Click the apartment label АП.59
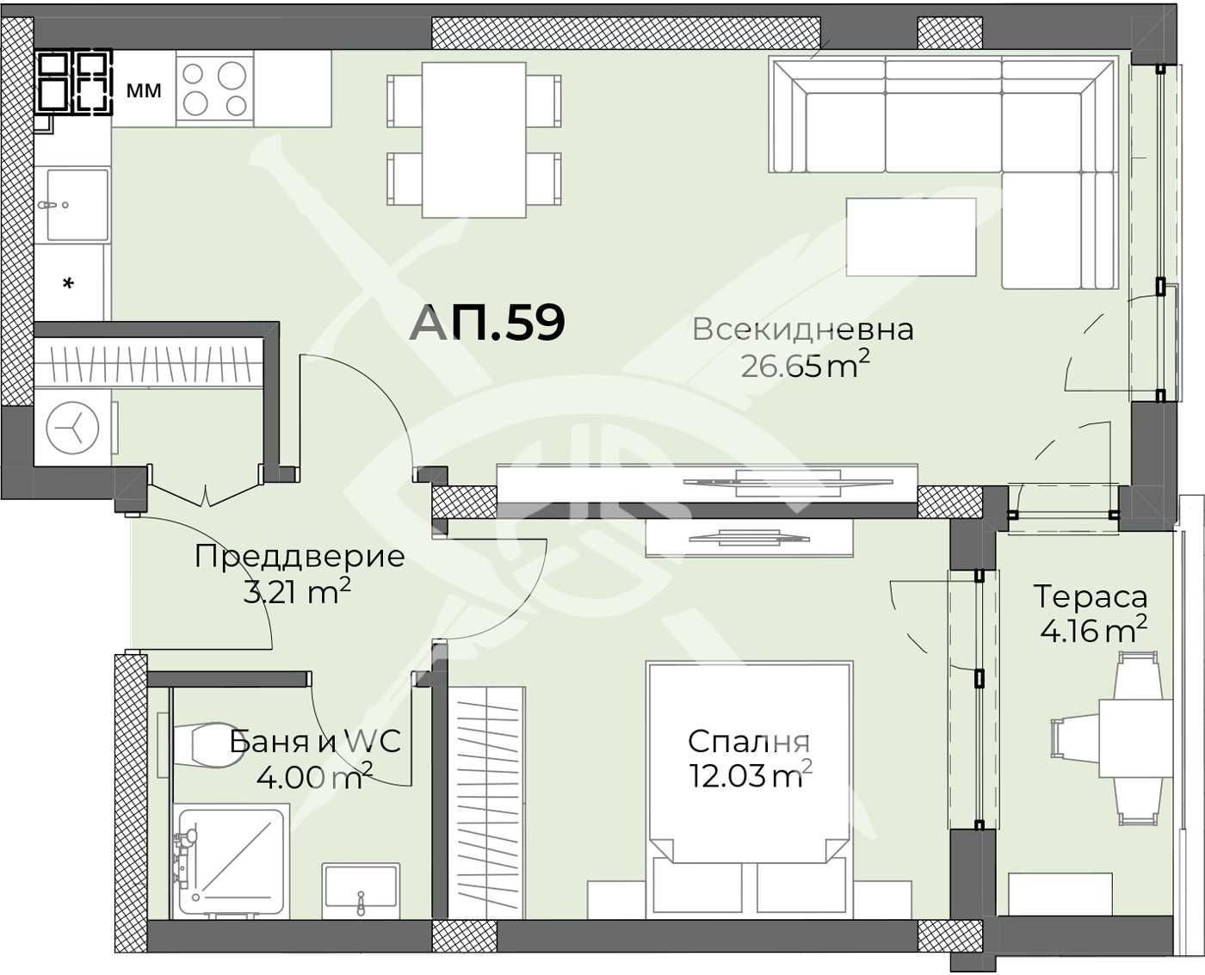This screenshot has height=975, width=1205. point(487,323)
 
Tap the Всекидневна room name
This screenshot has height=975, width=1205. point(802,330)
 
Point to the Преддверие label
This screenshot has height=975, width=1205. point(299,556)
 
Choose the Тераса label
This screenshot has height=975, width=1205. point(1090,596)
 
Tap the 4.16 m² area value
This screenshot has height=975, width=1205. point(1092,631)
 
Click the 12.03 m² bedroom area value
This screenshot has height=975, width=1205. point(750,776)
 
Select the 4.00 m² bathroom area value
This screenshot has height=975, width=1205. point(314,778)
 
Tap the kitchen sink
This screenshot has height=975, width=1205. point(77,204)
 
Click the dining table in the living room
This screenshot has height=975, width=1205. point(473,140)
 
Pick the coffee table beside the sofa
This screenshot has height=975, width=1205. point(911,237)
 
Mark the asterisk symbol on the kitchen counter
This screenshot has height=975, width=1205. point(69,283)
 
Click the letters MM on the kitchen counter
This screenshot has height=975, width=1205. point(144,89)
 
